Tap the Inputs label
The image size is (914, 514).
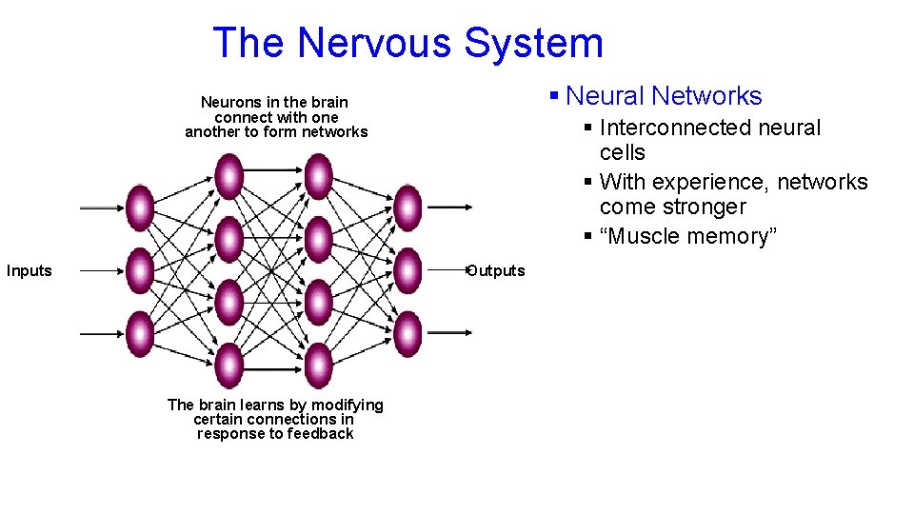[x=30, y=271]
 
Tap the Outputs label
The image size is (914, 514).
[x=496, y=271]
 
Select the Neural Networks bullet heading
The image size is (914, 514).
[x=664, y=96]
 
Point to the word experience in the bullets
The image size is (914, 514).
[x=709, y=182]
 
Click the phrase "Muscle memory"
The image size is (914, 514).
[x=688, y=236]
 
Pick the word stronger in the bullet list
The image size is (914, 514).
[x=703, y=208]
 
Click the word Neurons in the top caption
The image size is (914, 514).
[x=227, y=102]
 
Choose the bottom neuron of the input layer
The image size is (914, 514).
[x=140, y=334]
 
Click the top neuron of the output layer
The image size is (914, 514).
[x=407, y=208]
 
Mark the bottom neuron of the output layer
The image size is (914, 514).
[x=407, y=334]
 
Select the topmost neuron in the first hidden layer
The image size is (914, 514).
[x=228, y=177]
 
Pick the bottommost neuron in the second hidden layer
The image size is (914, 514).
[x=318, y=366]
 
